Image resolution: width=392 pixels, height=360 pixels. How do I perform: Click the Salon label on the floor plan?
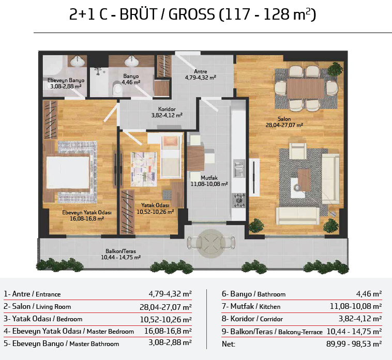point(284,119)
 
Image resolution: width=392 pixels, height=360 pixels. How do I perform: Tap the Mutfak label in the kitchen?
point(209,178)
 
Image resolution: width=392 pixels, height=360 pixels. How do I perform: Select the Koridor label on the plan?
point(167,109)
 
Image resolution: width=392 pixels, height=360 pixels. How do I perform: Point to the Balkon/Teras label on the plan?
point(120,252)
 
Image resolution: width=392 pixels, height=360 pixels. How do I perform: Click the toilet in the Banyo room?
point(117,89)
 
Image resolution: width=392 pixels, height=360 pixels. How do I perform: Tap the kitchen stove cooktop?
point(239,200)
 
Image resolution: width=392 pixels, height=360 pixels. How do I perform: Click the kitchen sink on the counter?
point(239,168)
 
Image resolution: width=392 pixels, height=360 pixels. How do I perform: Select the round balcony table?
point(211,243)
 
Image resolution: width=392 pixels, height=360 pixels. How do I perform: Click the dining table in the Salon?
point(306,89)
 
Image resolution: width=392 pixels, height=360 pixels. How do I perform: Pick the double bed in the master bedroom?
point(68,173)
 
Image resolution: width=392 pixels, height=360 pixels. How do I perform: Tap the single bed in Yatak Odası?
point(171,156)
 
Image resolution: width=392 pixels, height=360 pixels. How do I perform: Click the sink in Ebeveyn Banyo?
point(78,61)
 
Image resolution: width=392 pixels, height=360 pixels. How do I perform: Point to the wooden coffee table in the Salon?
point(304,180)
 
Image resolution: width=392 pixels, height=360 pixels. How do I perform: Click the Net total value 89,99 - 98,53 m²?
point(354,344)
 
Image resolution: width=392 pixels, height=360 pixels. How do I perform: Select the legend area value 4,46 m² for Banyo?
point(369,293)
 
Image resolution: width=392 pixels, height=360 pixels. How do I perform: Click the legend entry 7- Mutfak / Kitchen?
point(251,306)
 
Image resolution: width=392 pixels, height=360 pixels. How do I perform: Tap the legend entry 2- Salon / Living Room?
point(37,306)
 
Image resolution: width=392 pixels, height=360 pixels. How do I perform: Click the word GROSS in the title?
point(191,14)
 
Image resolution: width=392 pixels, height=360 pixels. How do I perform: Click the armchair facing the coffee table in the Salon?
point(298,150)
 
